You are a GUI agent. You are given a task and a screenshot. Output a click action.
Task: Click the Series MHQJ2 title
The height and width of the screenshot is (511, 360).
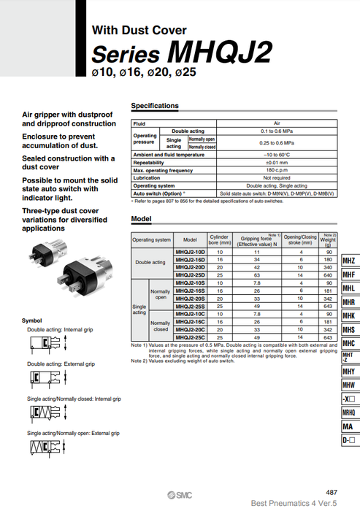pyautogui.click(x=182, y=53)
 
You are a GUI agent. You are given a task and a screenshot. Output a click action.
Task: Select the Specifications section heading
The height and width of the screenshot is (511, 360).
pyautogui.click(x=154, y=106)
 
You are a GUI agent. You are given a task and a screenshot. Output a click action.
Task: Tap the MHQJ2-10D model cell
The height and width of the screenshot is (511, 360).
pyautogui.click(x=191, y=252)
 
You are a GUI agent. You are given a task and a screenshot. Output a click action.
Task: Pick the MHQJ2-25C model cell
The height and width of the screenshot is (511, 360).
pyautogui.click(x=191, y=338)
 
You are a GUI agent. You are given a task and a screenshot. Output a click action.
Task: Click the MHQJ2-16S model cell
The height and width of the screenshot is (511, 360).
pyautogui.click(x=191, y=290)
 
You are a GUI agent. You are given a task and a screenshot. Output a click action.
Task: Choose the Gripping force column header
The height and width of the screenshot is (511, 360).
pyautogui.click(x=250, y=239)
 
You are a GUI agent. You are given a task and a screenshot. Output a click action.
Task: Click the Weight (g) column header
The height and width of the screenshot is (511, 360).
pyautogui.click(x=328, y=239)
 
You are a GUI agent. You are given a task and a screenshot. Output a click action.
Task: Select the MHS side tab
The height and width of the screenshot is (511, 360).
pyautogui.click(x=349, y=330)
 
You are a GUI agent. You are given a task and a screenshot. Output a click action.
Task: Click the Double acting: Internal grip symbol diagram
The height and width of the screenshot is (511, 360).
pyautogui.click(x=48, y=341)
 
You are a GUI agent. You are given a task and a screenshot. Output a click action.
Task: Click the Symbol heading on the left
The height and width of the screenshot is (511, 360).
pyautogui.click(x=32, y=320)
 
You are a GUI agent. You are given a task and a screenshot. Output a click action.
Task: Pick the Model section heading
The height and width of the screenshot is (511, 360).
pyautogui.click(x=141, y=219)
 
